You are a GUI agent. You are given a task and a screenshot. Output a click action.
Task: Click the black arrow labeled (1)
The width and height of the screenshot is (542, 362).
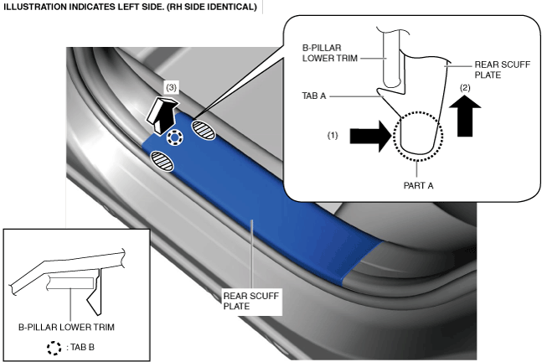coord(371,136)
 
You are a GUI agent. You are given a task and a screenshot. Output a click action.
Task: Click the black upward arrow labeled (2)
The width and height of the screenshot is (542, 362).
coord(465,116)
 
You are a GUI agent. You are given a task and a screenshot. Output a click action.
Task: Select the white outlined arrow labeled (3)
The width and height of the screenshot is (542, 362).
coord(162,115)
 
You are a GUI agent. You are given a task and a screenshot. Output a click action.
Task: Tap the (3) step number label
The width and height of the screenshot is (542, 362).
coord(171,88)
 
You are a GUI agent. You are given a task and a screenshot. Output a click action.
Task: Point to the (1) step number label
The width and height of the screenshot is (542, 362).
coord(333,136)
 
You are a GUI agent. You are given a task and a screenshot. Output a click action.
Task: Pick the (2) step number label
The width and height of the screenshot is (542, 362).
coord(465,88)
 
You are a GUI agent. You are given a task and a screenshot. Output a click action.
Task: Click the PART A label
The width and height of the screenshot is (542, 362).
coord(418,186)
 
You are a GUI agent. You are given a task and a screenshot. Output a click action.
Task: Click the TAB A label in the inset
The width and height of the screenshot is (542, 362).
coord(314,96)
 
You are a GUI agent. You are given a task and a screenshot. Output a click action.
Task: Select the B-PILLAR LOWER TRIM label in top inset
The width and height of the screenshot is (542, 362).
coord(330,53)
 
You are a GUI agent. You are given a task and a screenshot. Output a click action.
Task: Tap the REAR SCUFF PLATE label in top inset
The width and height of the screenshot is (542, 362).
coord(503,70)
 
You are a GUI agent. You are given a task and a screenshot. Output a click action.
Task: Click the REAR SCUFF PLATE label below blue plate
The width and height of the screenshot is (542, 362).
coord(251,301)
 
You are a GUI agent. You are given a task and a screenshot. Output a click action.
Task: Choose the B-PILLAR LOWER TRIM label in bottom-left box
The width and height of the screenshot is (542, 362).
coord(66,327)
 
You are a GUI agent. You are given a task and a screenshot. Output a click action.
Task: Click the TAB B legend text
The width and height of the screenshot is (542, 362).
coord(80,347)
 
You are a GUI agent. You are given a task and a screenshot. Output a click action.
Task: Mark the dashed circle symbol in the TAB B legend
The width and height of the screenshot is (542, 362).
coord(54,348)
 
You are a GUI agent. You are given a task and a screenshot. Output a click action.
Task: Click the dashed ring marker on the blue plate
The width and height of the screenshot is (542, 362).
coord(174,137)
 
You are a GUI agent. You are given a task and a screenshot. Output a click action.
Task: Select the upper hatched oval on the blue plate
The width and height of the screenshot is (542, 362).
coord(204,129)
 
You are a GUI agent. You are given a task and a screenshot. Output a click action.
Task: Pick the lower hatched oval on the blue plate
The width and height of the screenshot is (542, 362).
coord(163,161)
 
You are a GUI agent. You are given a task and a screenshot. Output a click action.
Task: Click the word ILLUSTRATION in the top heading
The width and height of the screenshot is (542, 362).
coord(30,7)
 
